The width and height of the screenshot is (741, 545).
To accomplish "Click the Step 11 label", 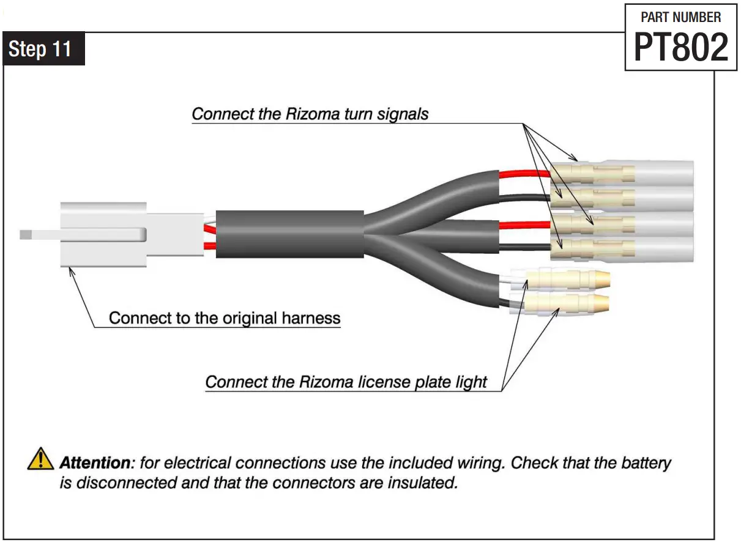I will click(x=40, y=49).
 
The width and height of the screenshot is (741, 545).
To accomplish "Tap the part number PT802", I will click(x=680, y=47).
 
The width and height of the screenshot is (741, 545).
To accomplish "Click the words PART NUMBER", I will click(x=680, y=17).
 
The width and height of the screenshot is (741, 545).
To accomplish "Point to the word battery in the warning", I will click(x=647, y=462).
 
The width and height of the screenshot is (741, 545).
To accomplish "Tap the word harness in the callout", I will click(x=311, y=318).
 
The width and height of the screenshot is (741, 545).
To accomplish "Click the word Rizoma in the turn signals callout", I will click(x=316, y=114).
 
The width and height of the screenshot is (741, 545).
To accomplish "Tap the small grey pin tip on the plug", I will click(x=26, y=234).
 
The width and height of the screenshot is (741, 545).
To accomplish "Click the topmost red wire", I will click(x=525, y=174).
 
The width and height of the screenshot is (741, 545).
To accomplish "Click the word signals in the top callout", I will click(x=401, y=114).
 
